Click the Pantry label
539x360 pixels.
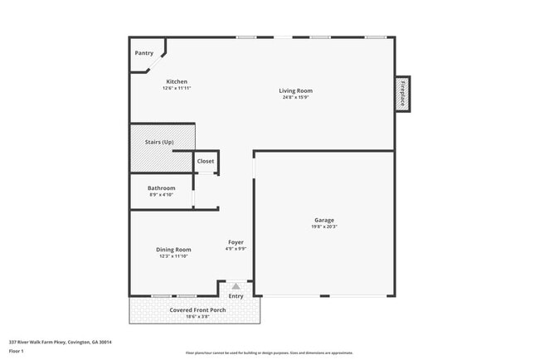point(144,53)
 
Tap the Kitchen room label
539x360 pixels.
point(177,81)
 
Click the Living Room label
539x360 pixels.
point(295,90)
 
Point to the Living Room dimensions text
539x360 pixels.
point(295,97)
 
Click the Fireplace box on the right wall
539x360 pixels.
point(402,94)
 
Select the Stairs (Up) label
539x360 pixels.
point(159,143)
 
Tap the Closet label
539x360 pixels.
point(205,161)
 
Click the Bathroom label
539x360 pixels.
point(161,187)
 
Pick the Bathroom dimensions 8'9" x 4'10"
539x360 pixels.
point(161,194)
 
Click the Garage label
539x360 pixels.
point(324,220)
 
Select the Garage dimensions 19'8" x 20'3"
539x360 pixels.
point(324,226)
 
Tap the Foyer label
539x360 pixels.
point(236,241)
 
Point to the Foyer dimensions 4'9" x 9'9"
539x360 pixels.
point(236,248)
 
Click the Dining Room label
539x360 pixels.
point(173,249)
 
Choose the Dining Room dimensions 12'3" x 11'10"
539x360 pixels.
point(173,255)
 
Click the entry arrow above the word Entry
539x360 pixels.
point(236,286)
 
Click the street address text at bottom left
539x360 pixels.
point(61,341)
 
